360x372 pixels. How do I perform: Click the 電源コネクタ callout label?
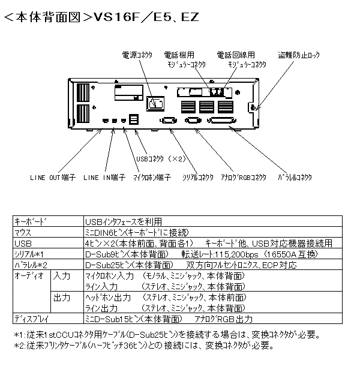(x=136, y=55)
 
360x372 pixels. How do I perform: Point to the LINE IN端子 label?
(x=104, y=178)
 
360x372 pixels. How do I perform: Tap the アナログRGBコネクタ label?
(x=243, y=178)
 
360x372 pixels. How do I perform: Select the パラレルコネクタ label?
(x=295, y=178)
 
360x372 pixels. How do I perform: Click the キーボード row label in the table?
(x=29, y=221)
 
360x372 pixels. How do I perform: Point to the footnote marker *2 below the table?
(x=19, y=346)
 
